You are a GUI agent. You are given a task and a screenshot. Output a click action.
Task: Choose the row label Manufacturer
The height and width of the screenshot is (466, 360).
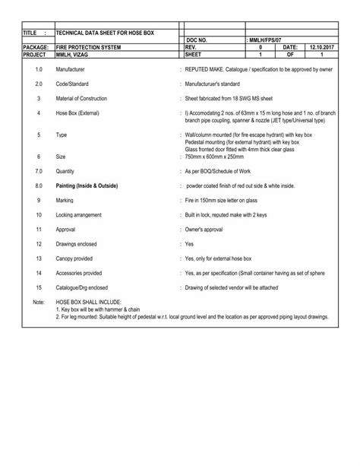click(71, 69)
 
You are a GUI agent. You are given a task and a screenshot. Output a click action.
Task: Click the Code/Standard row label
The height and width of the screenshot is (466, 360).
click(73, 83)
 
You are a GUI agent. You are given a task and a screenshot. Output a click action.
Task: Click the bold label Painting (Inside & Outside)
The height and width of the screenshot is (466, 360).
click(87, 185)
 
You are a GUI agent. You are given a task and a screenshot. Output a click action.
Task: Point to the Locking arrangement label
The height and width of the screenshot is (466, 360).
click(80, 215)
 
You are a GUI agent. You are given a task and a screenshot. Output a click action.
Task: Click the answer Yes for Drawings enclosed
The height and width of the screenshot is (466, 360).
click(190, 244)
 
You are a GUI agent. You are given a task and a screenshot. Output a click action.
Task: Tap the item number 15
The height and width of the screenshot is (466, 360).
click(38, 287)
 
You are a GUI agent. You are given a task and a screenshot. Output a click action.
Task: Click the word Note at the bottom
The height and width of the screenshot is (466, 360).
click(39, 302)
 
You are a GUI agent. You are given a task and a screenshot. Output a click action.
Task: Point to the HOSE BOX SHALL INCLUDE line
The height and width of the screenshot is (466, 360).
click(88, 302)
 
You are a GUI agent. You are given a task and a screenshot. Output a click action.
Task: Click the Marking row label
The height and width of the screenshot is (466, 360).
click(65, 200)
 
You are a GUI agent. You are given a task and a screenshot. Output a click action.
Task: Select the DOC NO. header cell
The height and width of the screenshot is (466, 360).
click(197, 40)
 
